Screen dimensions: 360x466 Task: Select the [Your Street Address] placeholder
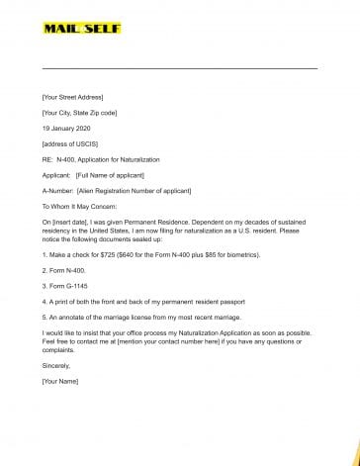tap(72, 97)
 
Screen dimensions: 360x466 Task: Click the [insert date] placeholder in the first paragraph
tap(69, 224)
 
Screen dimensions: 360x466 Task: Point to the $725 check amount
tap(108, 254)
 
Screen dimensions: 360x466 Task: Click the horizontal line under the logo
tap(179, 68)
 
